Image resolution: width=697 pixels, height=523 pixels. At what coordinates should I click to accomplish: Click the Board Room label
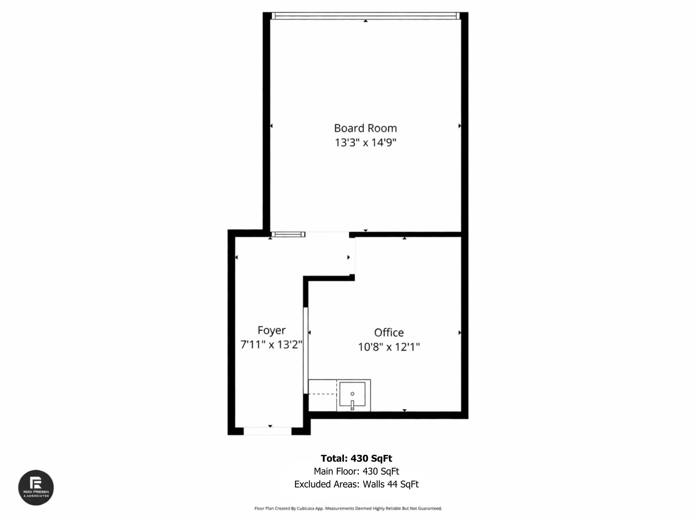pos(365,128)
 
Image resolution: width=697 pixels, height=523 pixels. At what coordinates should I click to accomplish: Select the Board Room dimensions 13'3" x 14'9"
pos(365,142)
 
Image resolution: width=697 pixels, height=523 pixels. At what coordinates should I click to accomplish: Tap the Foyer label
pos(271,330)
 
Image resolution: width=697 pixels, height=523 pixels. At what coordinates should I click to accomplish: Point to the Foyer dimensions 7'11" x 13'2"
pos(271,345)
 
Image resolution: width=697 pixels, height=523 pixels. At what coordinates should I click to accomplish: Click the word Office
pos(389,332)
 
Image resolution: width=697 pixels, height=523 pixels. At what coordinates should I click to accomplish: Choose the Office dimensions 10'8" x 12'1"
pos(389,347)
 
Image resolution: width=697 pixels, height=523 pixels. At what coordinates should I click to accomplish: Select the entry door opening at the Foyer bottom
pos(268,431)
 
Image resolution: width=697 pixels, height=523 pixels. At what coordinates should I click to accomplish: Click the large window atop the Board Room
pos(365,16)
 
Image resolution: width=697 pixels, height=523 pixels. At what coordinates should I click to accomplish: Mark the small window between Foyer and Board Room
pos(288,234)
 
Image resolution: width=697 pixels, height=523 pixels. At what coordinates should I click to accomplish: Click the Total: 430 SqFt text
pos(356,458)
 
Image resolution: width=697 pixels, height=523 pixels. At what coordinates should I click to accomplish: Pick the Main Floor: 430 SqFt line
pos(356,471)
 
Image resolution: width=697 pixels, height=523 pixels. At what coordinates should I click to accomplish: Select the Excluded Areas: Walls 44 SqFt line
pos(356,484)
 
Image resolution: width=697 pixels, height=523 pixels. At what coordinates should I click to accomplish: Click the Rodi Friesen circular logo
pos(36,488)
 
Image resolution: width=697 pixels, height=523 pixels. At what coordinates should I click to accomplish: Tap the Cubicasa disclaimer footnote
pos(348,508)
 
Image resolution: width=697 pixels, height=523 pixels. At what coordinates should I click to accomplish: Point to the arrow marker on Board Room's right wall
pos(459,126)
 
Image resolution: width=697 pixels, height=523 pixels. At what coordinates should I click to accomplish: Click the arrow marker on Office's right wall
pos(459,332)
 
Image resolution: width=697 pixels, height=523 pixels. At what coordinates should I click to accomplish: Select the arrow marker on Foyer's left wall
pos(237,257)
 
